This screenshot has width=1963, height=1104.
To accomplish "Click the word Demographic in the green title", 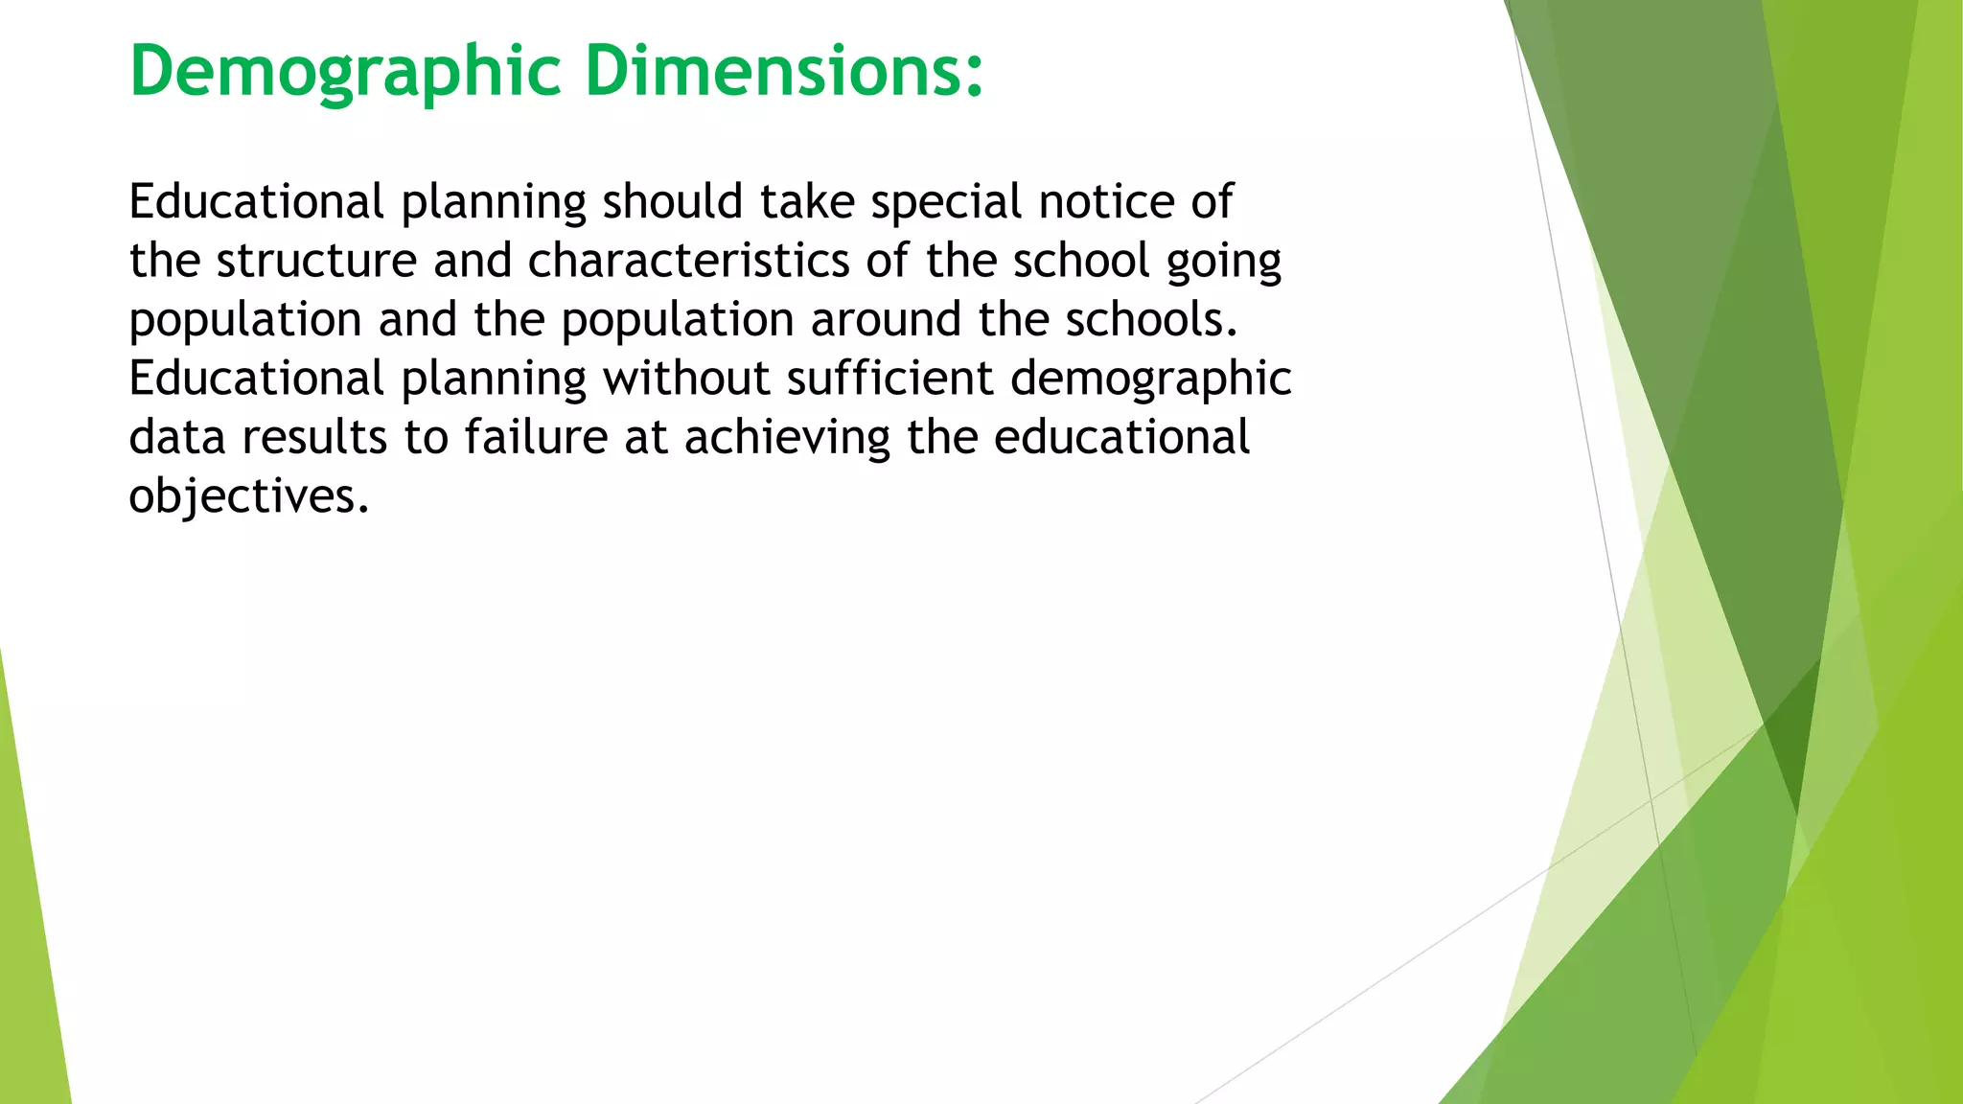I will [345, 73].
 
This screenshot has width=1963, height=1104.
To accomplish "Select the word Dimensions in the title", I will [783, 73].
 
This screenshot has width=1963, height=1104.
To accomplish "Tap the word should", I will [672, 202].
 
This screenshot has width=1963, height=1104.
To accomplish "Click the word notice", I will [1106, 202].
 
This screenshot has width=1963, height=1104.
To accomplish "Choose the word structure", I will [316, 261].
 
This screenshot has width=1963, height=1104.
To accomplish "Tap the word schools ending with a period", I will [1151, 319].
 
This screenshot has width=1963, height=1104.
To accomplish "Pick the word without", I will [686, 378].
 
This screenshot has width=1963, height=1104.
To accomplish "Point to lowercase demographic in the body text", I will [1150, 379].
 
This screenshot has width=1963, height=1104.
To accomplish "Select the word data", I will [176, 437].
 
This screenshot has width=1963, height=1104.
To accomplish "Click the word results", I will [314, 437].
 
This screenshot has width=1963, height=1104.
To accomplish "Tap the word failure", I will [536, 437].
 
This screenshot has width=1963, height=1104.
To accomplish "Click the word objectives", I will [248, 496].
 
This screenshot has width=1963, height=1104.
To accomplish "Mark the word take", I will [807, 202].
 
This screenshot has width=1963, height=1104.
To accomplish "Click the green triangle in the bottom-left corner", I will [29, 958].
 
